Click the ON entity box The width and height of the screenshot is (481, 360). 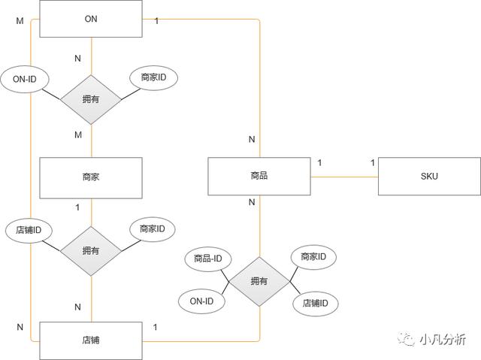(91, 18)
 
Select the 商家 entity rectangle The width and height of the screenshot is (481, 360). (91, 177)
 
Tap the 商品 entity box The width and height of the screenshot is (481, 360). (259, 177)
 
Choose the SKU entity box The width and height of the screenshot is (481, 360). (429, 177)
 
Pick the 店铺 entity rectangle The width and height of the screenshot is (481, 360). (91, 340)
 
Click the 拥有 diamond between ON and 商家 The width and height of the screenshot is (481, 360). (91, 98)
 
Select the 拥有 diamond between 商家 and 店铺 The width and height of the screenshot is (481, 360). (91, 250)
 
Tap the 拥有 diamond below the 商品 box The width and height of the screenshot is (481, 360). (259, 281)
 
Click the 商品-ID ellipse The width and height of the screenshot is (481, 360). (207, 259)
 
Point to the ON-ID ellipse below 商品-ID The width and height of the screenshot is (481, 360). (202, 302)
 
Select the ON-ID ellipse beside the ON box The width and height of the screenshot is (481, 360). (25, 78)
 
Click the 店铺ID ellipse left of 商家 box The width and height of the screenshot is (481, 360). (29, 228)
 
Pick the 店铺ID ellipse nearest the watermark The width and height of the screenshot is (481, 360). (315, 304)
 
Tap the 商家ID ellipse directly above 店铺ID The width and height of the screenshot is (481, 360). (313, 257)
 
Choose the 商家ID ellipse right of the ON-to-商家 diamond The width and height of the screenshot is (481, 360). (154, 78)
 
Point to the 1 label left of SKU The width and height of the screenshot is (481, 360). (372, 162)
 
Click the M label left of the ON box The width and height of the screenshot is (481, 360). (20, 20)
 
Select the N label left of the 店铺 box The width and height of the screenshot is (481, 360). (20, 327)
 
